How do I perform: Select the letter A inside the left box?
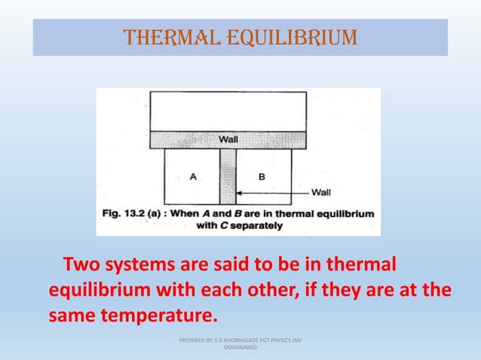pos(193,177)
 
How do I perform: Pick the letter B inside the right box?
pos(261,177)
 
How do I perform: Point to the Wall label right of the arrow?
pos(322,191)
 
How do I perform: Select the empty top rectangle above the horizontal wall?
pos(228,111)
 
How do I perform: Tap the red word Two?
pos(79,267)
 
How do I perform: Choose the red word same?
pos(73,312)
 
